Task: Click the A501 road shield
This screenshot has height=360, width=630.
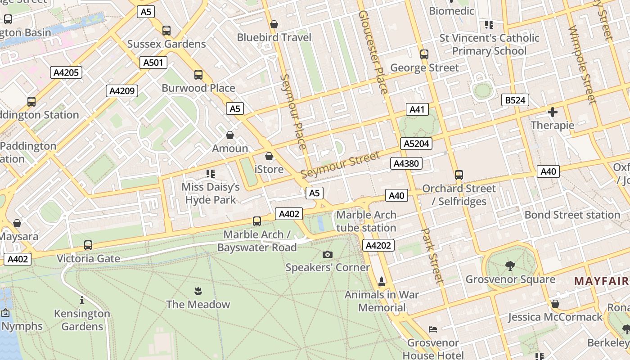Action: [153, 63]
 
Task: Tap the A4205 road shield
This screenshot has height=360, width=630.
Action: [66, 72]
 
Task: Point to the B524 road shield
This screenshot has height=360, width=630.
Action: [515, 100]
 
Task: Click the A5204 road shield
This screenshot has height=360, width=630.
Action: [416, 144]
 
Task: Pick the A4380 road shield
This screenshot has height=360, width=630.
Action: [406, 163]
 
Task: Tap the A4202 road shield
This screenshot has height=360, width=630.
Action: [378, 245]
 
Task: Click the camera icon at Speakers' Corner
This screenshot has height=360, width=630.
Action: [328, 254]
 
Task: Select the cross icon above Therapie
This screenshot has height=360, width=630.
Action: [553, 112]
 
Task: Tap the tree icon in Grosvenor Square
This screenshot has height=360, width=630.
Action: [510, 266]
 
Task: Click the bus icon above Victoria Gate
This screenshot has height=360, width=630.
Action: [88, 245]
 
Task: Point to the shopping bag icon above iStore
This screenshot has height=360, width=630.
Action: [269, 156]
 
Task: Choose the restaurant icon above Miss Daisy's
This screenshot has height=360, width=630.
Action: [210, 173]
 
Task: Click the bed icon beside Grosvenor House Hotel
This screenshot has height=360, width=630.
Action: [433, 329]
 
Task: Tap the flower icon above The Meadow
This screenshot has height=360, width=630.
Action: [198, 291]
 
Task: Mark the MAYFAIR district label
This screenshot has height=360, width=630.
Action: [601, 281]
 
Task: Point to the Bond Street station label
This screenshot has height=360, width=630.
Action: [572, 215]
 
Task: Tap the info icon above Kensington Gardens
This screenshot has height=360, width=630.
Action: [82, 300]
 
